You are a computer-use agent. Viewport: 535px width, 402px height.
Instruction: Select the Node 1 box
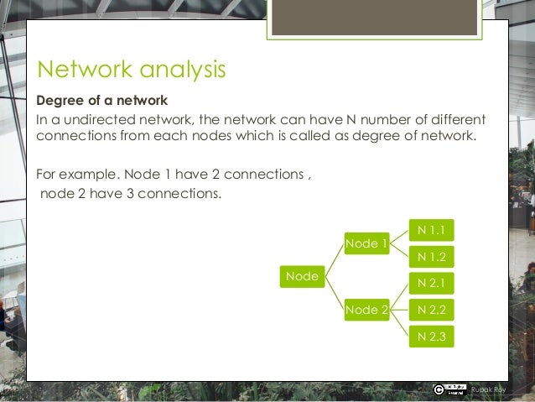(x=366, y=243)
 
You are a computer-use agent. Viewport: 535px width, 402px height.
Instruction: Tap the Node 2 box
(x=366, y=310)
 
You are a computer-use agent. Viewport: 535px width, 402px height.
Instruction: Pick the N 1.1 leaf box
(x=431, y=228)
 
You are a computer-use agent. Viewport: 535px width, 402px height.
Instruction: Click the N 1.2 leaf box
(x=431, y=256)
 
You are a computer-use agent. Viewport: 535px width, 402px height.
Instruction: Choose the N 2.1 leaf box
(x=431, y=284)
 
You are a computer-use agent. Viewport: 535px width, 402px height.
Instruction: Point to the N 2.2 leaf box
(x=431, y=310)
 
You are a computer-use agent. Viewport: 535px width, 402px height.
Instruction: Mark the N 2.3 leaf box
(x=431, y=337)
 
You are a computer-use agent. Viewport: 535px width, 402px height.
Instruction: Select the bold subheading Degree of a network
(x=101, y=101)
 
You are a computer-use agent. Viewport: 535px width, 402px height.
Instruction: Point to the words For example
(x=77, y=175)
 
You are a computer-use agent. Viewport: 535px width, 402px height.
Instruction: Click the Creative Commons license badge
(x=449, y=389)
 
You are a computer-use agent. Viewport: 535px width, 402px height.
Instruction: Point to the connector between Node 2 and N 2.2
(x=399, y=310)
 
